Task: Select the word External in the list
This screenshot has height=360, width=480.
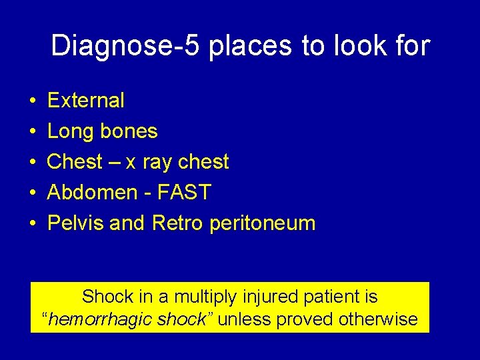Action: [86, 101]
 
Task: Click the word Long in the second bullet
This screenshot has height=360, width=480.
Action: [71, 131]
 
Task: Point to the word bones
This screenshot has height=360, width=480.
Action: [129, 131]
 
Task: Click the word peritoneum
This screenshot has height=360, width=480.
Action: [262, 224]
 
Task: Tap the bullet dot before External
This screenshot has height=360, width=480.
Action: [33, 101]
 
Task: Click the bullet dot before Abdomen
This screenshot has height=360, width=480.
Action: [33, 193]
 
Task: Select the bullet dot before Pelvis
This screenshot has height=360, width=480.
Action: [33, 224]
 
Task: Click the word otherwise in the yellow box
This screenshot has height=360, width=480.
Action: [377, 319]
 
